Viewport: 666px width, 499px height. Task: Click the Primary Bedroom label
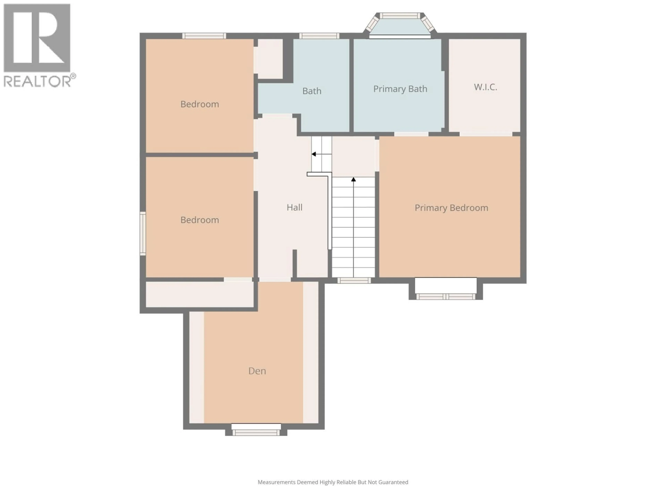tap(451, 208)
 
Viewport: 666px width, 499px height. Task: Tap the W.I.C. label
tap(485, 87)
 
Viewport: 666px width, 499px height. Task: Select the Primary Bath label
tap(400, 89)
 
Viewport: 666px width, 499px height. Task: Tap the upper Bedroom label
tap(200, 104)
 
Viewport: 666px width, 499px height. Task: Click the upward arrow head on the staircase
tap(353, 180)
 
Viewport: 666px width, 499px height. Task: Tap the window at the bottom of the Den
tap(256, 432)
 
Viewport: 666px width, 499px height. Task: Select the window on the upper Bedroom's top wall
tap(204, 36)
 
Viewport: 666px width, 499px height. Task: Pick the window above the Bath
tap(319, 36)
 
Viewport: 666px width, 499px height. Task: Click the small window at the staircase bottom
tap(354, 281)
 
